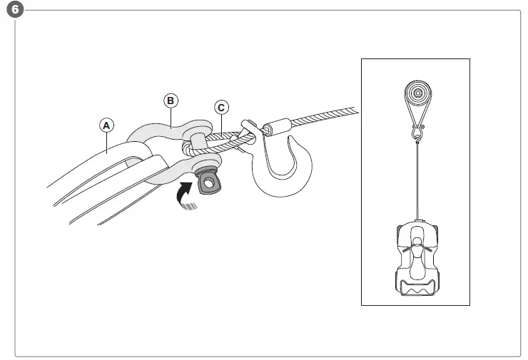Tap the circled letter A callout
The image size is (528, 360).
[106, 125]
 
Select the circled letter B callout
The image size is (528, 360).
[171, 101]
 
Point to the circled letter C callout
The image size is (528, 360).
[222, 108]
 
